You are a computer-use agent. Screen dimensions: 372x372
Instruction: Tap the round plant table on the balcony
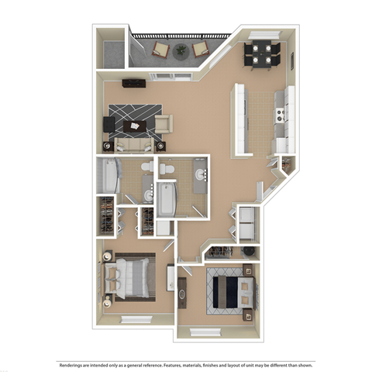(179, 51)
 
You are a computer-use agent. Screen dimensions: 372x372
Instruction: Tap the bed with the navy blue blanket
(231, 293)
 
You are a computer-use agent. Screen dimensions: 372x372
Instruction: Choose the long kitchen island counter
(238, 120)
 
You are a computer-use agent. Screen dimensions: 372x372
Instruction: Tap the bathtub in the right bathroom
(166, 199)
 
